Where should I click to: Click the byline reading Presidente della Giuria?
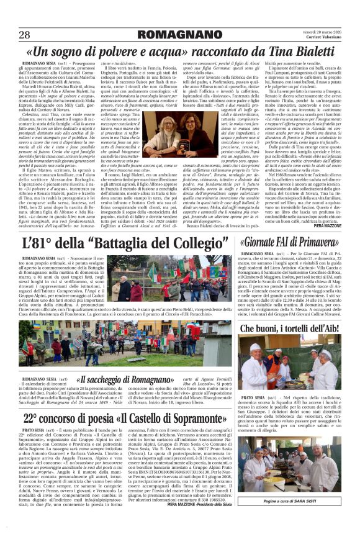[230, 522]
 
